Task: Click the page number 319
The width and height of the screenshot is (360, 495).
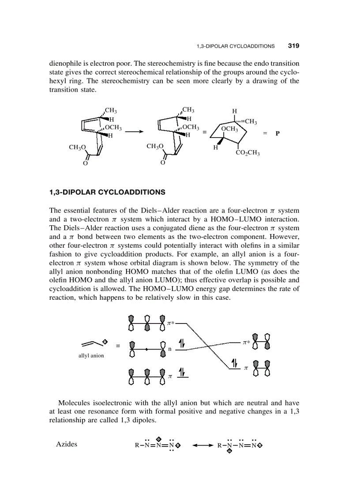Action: [294, 46]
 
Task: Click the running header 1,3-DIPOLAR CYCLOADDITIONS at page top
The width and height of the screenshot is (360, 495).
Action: [235, 46]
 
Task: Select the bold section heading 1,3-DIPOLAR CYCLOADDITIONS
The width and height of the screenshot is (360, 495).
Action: [107, 192]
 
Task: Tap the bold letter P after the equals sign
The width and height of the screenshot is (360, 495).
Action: [277, 133]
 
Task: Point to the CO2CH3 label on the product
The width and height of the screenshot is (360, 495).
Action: [247, 153]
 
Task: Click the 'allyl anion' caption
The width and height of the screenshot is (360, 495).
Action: [91, 355]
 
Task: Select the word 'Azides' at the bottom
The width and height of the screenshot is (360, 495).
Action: [67, 444]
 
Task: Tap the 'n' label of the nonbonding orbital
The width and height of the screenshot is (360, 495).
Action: [170, 349]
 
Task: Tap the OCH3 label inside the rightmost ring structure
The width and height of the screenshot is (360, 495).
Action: [229, 129]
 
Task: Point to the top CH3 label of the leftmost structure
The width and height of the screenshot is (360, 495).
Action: [110, 111]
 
